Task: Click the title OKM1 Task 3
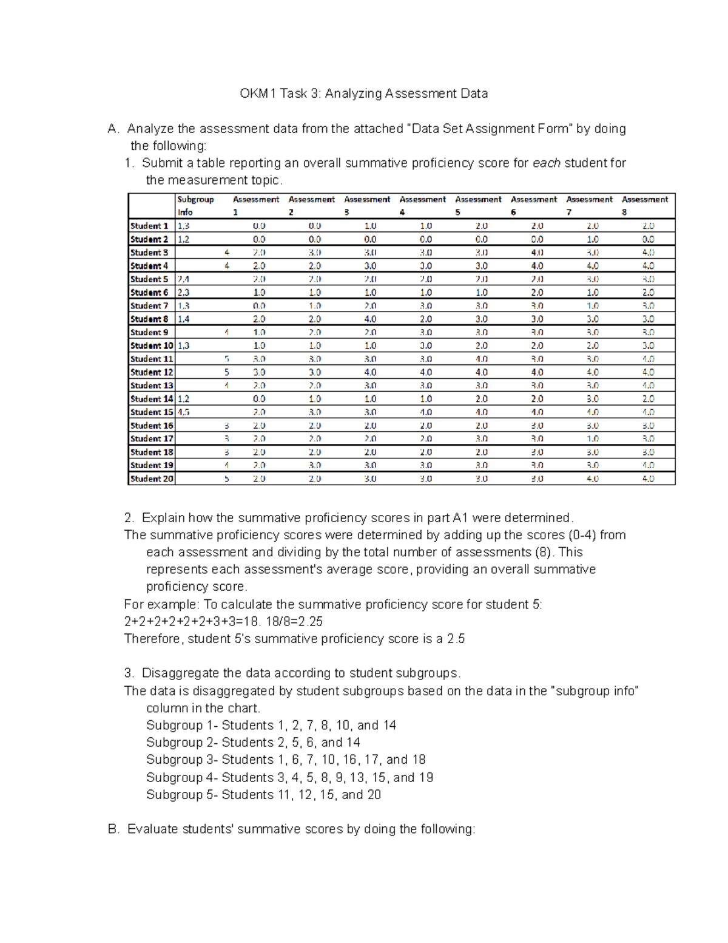pyautogui.click(x=363, y=94)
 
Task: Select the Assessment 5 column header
pyautogui.click(x=478, y=205)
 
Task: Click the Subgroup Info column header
pyautogui.click(x=195, y=205)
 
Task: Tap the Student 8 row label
pyautogui.click(x=149, y=319)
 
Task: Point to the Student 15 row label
pyautogui.click(x=152, y=412)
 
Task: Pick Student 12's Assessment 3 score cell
pyautogui.click(x=370, y=372)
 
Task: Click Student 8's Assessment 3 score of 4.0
pyautogui.click(x=370, y=319)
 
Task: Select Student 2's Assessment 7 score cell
pyautogui.click(x=592, y=239)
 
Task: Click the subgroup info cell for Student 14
pyautogui.click(x=184, y=399)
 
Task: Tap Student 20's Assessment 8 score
pyautogui.click(x=648, y=478)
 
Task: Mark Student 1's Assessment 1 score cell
pyautogui.click(x=259, y=226)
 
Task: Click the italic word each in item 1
pyautogui.click(x=546, y=163)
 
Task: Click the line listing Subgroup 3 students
pyautogui.click(x=286, y=760)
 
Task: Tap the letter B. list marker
pyautogui.click(x=113, y=829)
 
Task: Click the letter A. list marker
pyautogui.click(x=113, y=129)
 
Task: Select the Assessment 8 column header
pyautogui.click(x=644, y=205)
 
